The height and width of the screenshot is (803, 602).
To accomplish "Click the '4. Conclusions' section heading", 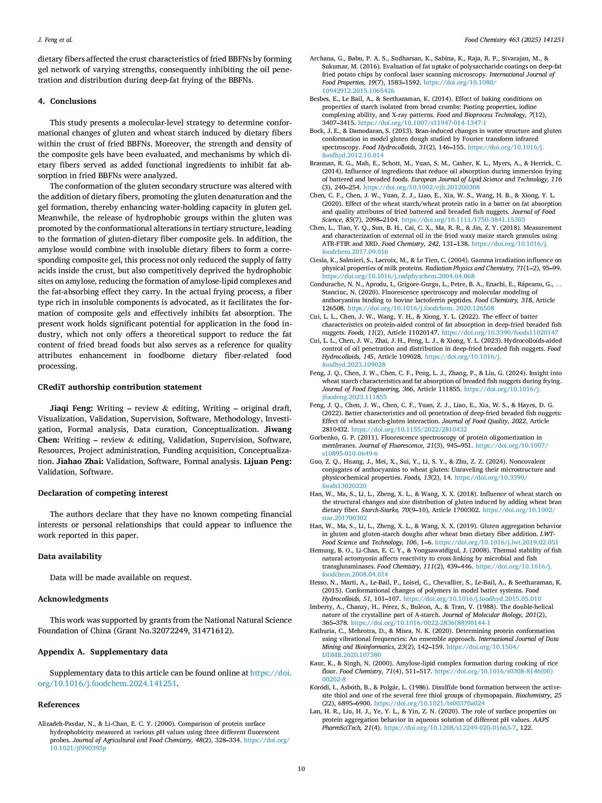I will tap(67, 101).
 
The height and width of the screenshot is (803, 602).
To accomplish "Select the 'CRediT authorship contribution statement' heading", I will tap(119, 387).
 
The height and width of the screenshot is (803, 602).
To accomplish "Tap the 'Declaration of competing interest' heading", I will tap(103, 493).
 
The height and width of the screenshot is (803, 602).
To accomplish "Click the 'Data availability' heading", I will tap(70, 556).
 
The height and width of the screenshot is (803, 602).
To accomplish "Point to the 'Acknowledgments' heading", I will tap(73, 599).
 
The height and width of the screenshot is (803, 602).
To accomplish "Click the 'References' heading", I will tap(58, 705).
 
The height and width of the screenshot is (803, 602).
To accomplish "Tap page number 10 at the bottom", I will tap(301, 769).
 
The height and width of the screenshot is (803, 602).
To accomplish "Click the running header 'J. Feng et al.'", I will tap(55, 40).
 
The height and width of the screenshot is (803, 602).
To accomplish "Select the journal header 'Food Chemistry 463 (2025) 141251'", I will tap(514, 40).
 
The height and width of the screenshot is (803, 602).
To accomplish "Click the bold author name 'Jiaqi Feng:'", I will tap(71, 408).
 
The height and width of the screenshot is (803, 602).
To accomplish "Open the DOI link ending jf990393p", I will tap(78, 748).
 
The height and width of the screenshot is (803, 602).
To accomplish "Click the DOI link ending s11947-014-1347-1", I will tap(422, 123).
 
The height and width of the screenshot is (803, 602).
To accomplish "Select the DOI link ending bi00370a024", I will tap(429, 703).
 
